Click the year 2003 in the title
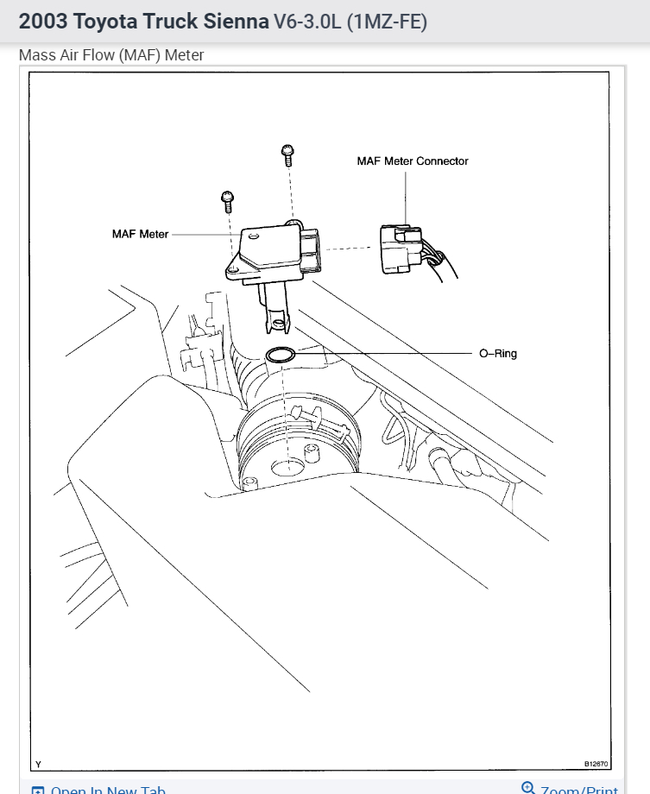(x=42, y=22)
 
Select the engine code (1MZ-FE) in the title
(x=387, y=22)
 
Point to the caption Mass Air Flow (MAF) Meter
(x=111, y=56)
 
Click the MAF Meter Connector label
(x=413, y=161)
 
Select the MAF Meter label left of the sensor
(x=140, y=234)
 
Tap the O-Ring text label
(x=498, y=353)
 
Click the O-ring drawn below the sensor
(x=281, y=354)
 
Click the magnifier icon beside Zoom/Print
(x=528, y=788)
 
